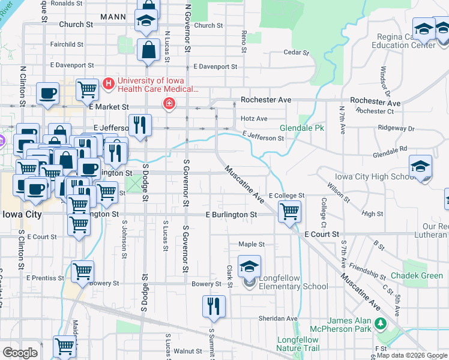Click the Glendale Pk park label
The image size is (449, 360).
pos(302,128)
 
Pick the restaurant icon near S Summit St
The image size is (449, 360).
pos(214,306)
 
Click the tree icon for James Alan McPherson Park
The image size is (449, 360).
pos(379,323)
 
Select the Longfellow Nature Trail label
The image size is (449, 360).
pos(298,343)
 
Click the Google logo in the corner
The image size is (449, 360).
pos(20,353)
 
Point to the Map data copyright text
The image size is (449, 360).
pos(412,355)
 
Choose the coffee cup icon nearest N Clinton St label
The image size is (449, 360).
pos(47,94)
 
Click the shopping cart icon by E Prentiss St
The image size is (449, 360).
pos(82,271)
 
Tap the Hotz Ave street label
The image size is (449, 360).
pos(253,119)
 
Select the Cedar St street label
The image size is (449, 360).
pos(296,53)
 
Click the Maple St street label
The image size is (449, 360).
pos(252,244)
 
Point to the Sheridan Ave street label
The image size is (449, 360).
pos(283,319)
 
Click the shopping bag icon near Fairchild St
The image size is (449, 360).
pos(148,51)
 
